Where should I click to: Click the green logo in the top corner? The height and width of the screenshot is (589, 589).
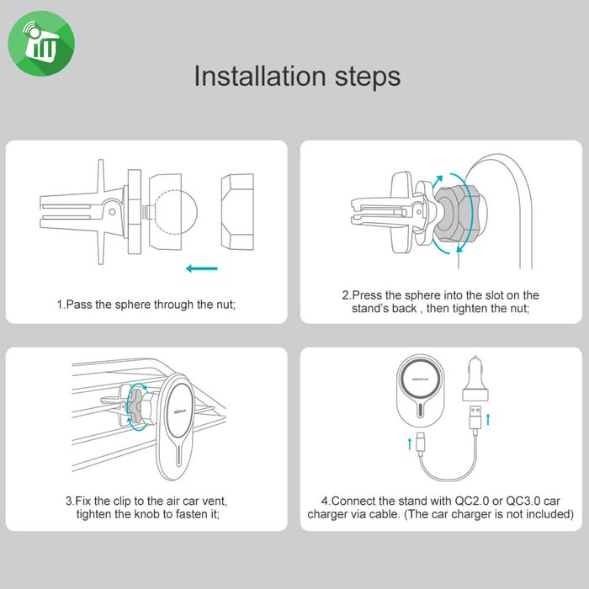pos(41,43)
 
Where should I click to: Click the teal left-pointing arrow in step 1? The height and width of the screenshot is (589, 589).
pos(202,268)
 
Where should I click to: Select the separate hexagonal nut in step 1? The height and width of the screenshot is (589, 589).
pos(237,212)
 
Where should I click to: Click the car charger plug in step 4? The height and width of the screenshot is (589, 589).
pos(475,379)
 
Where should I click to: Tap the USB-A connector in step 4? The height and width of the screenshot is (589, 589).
pos(475,417)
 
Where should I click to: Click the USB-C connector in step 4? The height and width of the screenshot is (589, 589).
pos(421,443)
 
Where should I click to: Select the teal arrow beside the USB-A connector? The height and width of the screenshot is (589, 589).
pos(488,420)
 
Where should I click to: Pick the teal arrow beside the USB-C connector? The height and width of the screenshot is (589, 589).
pos(410,443)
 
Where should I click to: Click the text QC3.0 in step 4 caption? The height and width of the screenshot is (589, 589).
pos(523,501)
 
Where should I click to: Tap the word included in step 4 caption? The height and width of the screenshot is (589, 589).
pos(551,513)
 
